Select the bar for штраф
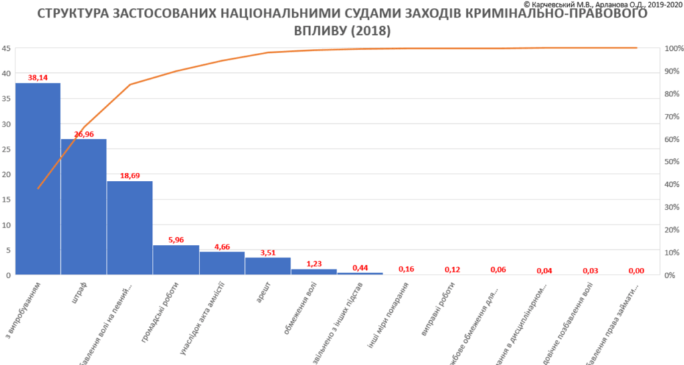[x=84, y=207]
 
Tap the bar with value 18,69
[x=130, y=228]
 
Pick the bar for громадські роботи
[x=176, y=260]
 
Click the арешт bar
[x=268, y=266]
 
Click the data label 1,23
[x=314, y=264]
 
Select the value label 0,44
[x=360, y=268]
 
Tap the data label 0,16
[x=406, y=269]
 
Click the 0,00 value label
[x=636, y=271]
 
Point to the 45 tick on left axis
[x=5, y=48]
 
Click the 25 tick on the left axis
[x=5, y=149]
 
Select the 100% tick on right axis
[x=672, y=49]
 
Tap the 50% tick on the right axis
[x=672, y=162]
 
